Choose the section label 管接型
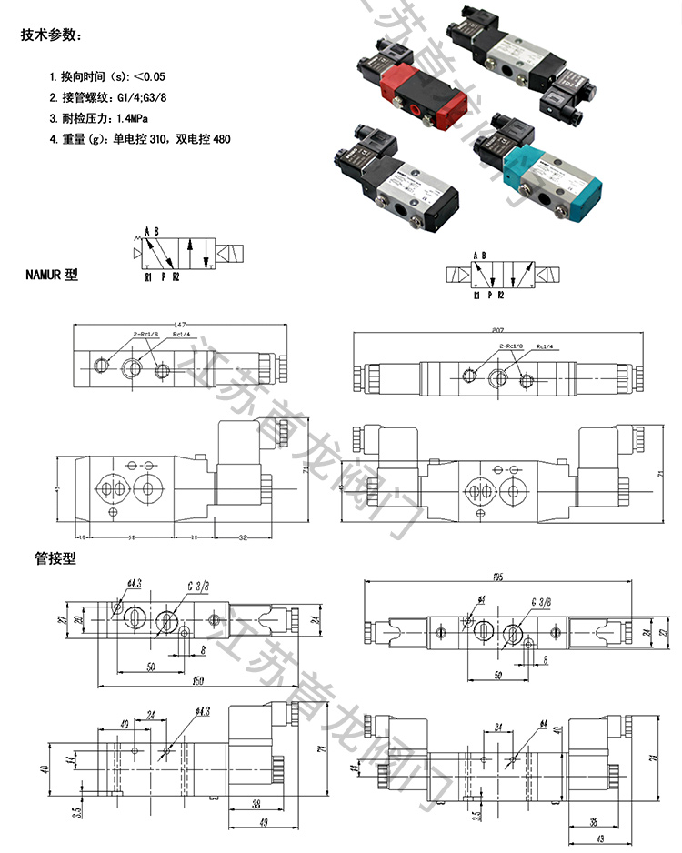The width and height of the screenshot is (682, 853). tap(54, 558)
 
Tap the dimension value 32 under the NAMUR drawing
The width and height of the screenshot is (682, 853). tap(243, 537)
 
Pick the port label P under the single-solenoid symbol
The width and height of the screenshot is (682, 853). tap(163, 277)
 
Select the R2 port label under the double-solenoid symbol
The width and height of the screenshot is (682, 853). tap(500, 296)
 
